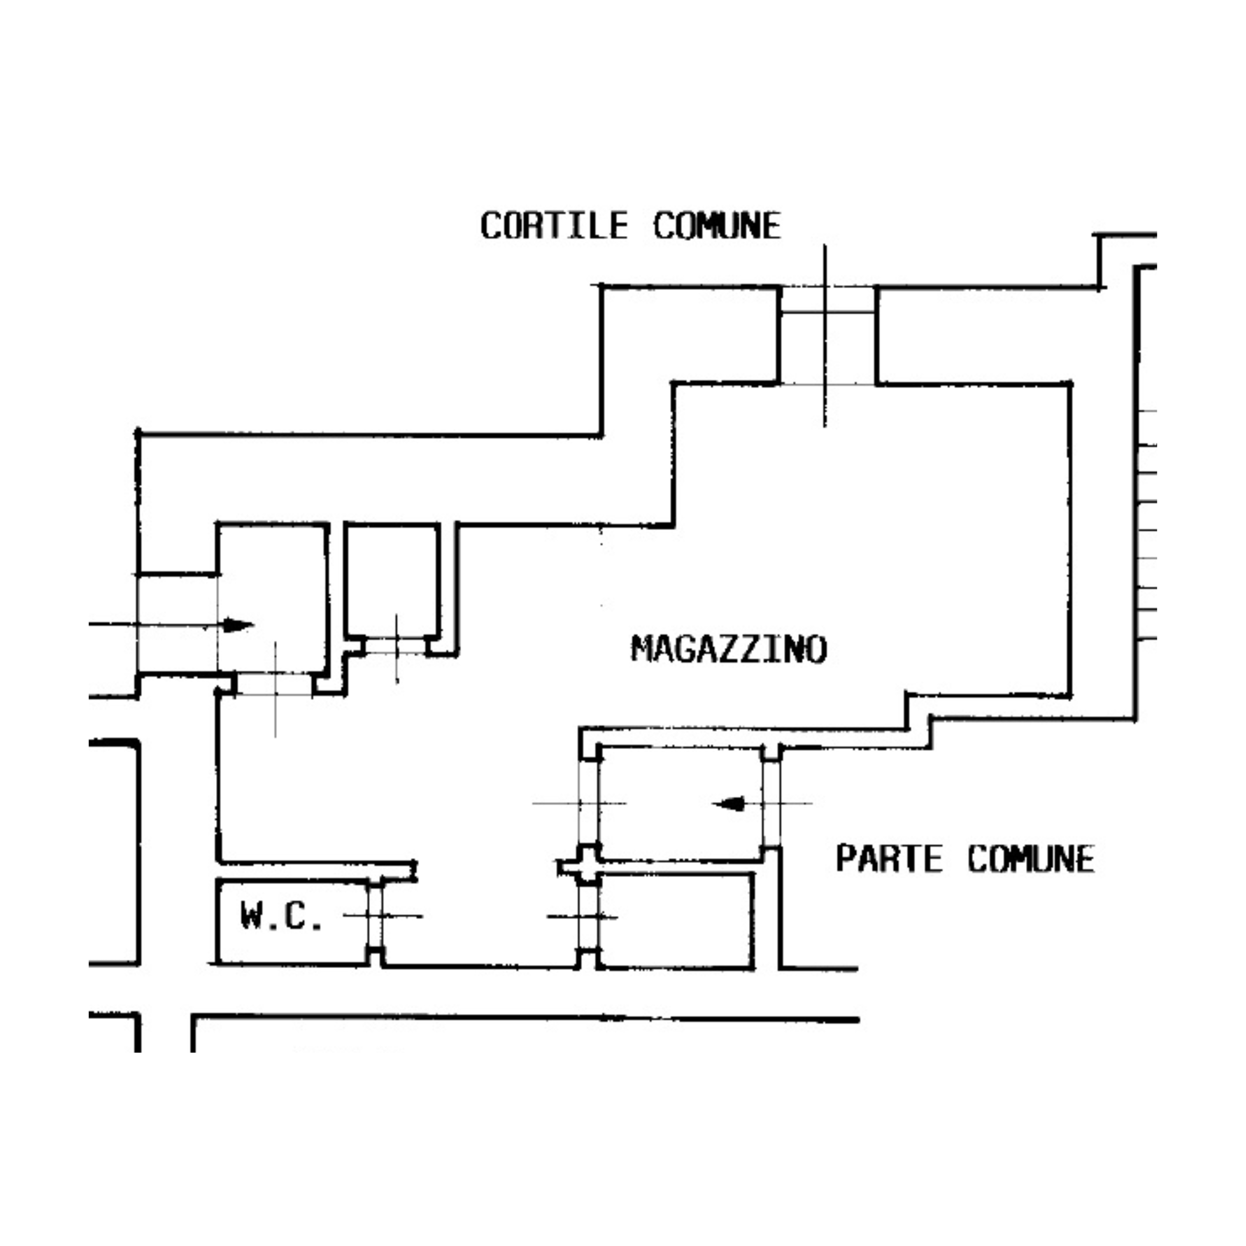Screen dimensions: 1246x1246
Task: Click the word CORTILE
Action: click(x=554, y=226)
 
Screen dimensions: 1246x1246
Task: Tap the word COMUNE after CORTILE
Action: click(x=716, y=226)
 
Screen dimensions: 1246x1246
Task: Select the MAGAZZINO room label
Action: click(x=729, y=649)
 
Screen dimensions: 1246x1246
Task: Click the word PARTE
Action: click(x=889, y=859)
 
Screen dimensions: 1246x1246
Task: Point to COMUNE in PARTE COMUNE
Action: click(x=1030, y=859)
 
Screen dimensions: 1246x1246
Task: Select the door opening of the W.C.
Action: click(x=375, y=916)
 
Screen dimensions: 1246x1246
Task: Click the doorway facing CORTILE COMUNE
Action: click(x=827, y=336)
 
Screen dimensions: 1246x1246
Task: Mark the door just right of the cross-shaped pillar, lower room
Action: click(x=587, y=916)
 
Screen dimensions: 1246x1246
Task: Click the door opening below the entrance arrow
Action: click(x=275, y=684)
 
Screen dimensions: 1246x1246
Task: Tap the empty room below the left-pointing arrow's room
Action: click(x=676, y=920)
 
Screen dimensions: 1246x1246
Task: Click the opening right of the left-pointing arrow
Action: click(x=771, y=804)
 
